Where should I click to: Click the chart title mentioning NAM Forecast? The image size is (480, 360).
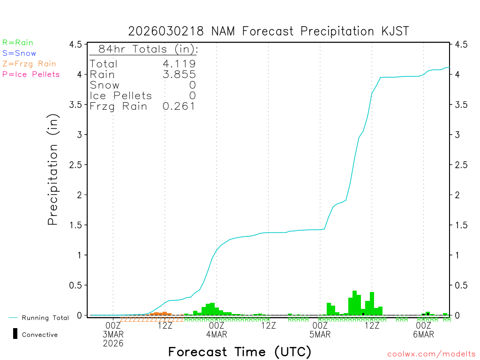point(269,31)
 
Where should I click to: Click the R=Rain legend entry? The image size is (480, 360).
point(18,43)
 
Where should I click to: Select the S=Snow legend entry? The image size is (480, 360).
point(19,53)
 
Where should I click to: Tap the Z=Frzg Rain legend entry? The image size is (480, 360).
point(29,64)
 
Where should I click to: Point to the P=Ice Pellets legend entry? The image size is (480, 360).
point(31,74)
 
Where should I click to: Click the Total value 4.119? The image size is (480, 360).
point(179,64)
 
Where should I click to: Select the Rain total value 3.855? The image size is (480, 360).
point(179,75)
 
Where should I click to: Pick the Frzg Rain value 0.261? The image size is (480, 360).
point(179,106)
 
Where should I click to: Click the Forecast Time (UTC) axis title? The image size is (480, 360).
point(240,352)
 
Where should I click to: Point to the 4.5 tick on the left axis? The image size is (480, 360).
point(75,45)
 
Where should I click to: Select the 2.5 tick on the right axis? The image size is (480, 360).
point(461,165)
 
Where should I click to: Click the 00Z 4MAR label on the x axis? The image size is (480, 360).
point(217,330)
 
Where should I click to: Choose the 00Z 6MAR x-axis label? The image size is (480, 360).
point(423,330)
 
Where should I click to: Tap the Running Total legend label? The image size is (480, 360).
point(45,318)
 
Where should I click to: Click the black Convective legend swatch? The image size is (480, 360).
point(15,334)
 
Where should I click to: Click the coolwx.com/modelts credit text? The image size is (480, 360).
point(431,354)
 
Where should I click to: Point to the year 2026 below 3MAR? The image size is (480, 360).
point(113,344)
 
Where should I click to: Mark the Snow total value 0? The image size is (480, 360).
point(193,85)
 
